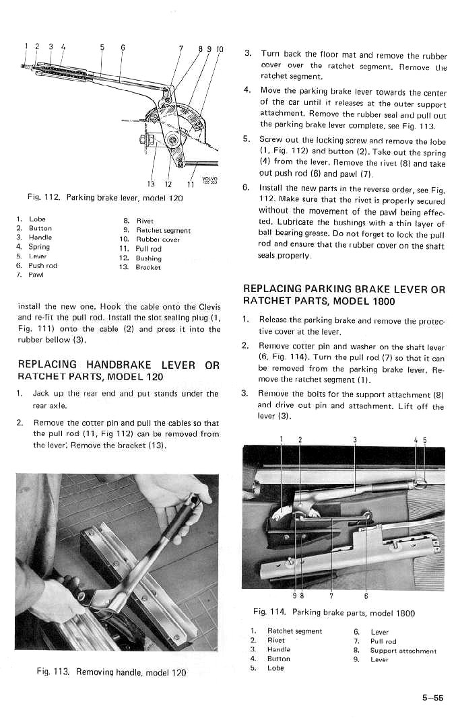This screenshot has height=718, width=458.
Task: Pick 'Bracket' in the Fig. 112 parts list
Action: [149, 267]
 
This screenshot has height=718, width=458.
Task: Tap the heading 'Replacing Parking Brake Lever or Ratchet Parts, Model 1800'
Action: [343, 294]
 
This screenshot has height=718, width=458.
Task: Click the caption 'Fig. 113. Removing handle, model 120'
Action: [112, 672]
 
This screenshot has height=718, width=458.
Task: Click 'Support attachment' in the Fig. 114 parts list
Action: [403, 651]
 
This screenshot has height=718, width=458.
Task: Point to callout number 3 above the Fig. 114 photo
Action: [354, 441]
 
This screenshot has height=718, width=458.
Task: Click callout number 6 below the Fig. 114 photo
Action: [366, 594]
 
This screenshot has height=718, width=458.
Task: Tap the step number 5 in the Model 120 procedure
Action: [247, 139]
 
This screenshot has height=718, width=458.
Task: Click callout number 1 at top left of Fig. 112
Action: [26, 46]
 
